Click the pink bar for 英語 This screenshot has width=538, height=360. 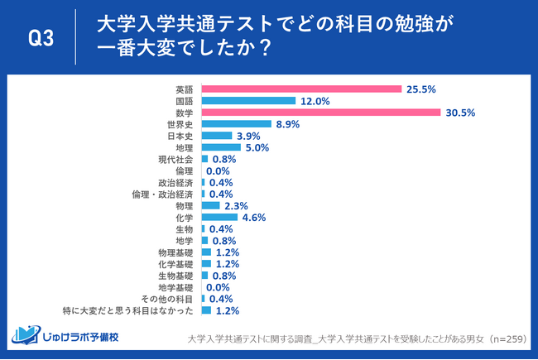(x=301, y=89)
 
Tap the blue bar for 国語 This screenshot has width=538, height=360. (x=248, y=100)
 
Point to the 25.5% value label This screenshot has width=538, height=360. (x=420, y=89)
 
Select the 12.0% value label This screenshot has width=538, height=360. (x=315, y=100)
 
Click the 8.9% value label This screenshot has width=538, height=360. (x=287, y=124)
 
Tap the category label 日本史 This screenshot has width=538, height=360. (x=180, y=136)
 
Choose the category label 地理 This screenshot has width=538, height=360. (x=185, y=147)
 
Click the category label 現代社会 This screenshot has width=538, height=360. (x=175, y=159)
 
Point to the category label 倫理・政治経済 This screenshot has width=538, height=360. (x=163, y=194)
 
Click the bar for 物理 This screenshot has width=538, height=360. (x=210, y=205)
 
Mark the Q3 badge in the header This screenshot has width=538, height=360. (x=41, y=38)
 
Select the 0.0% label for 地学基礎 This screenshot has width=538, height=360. (x=218, y=287)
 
